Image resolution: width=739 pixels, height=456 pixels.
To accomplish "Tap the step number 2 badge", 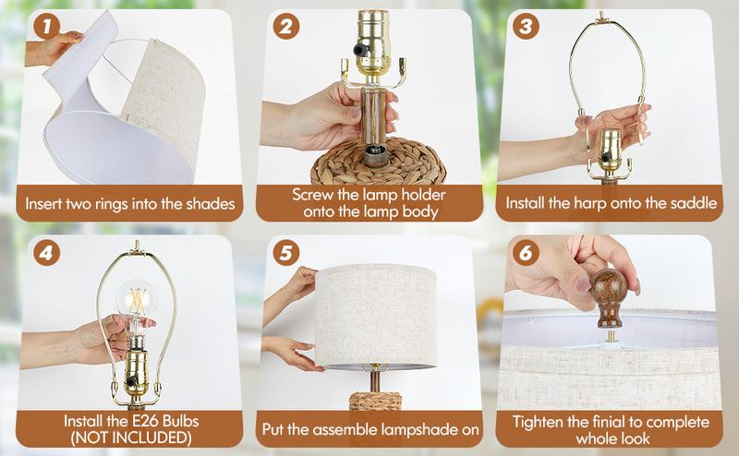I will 286,27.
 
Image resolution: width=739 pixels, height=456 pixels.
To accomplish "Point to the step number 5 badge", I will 286,251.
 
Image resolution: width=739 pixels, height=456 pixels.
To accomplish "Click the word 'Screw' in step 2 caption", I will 313,195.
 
